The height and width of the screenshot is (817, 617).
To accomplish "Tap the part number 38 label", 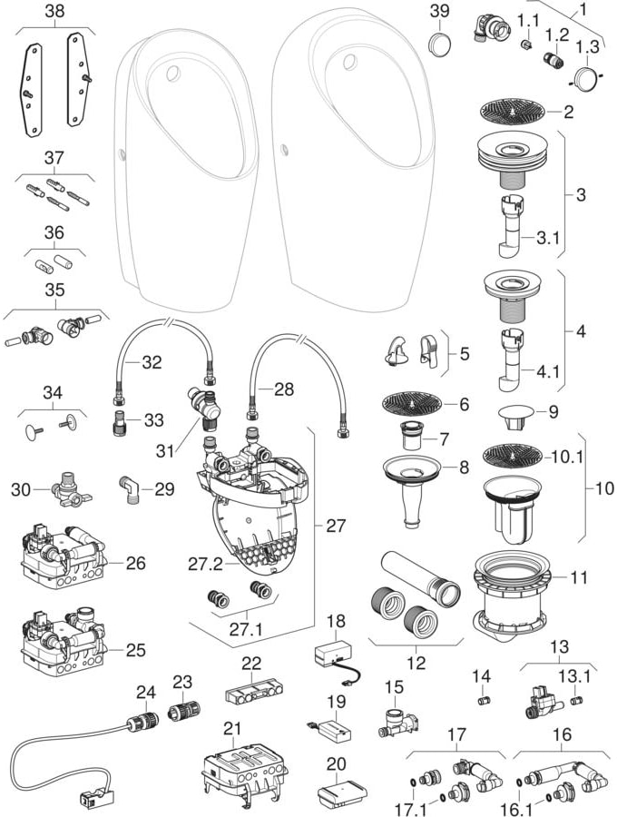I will tap(54, 12).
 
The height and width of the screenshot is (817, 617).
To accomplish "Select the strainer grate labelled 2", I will tap(514, 113).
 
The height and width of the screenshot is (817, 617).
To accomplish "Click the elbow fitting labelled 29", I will tap(132, 488).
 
